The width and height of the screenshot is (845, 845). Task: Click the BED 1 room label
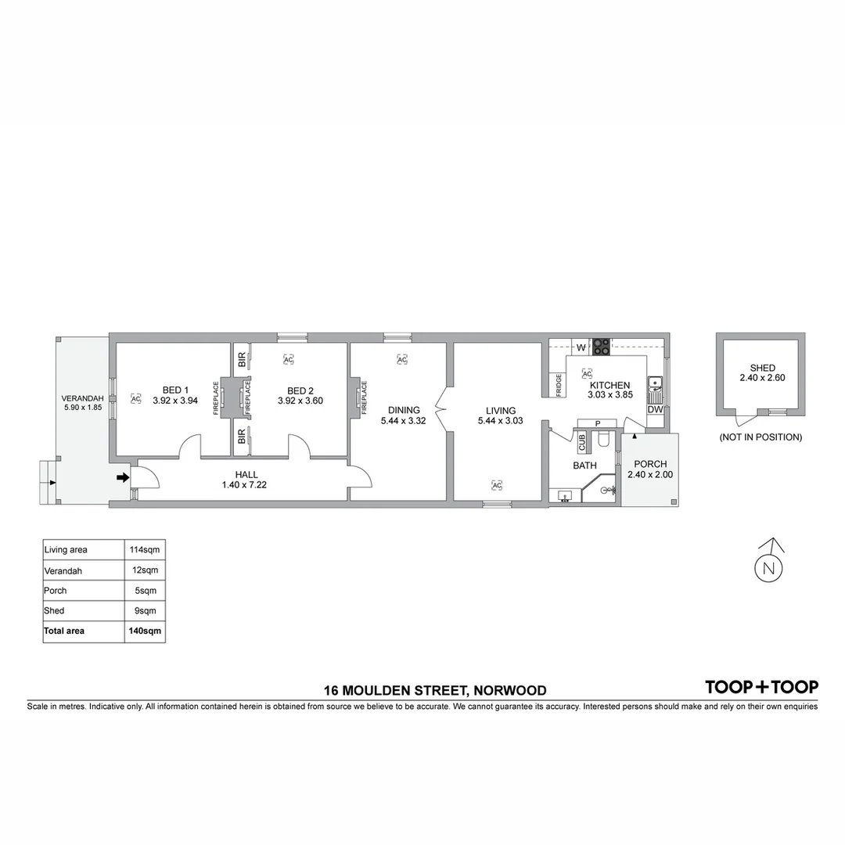[175, 390]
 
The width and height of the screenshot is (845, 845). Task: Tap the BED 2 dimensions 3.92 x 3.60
[300, 401]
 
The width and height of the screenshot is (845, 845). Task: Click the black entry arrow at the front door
[122, 476]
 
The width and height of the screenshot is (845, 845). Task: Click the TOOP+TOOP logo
[761, 687]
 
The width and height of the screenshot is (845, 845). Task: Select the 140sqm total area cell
[145, 631]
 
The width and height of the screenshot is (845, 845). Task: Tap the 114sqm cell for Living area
[145, 550]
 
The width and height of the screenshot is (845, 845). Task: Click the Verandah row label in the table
[63, 571]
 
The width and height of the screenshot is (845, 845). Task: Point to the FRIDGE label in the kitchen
[559, 386]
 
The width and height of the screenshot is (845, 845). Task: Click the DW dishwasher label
[655, 409]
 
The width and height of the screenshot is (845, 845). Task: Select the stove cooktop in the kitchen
[601, 344]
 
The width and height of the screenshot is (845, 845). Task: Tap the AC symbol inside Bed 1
[135, 398]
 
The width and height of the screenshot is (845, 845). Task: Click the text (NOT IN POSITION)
[760, 437]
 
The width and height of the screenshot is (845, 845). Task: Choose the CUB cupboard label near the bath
[582, 443]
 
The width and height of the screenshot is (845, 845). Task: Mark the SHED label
[762, 368]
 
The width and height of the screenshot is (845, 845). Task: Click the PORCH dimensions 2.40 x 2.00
[650, 474]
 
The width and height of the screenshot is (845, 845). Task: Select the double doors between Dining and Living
[442, 409]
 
